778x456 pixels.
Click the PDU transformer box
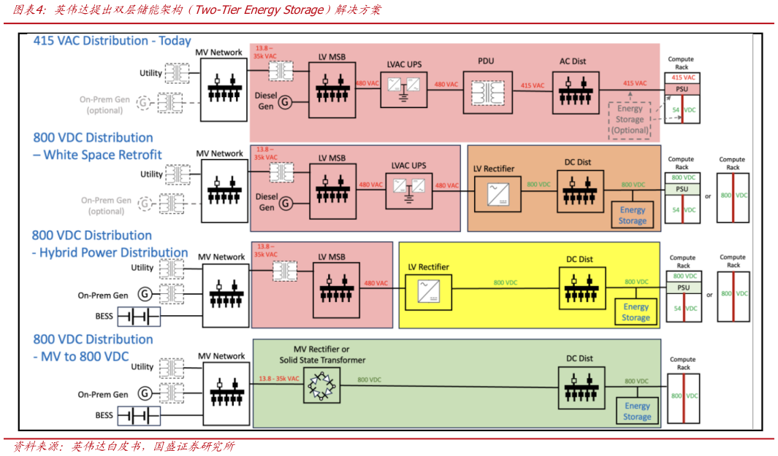coord(487,92)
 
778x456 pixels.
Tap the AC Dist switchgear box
coord(575,92)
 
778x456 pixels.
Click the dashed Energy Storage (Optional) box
coord(630,120)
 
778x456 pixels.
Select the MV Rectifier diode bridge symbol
coord(321,385)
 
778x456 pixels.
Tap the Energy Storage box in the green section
coord(637,411)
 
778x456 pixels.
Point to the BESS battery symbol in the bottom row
coord(140,416)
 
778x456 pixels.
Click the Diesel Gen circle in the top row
coord(286,102)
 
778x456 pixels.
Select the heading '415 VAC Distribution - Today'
coord(112,41)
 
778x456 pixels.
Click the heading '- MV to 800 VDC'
coord(80,357)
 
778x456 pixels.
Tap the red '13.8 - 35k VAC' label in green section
coord(279,379)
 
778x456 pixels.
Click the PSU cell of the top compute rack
coord(682,88)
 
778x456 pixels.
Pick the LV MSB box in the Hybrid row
coord(336,290)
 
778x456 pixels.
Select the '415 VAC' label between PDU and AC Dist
coord(533,85)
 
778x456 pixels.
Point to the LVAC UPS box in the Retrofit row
coord(408,186)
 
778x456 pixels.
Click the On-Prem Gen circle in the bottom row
coord(145,394)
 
